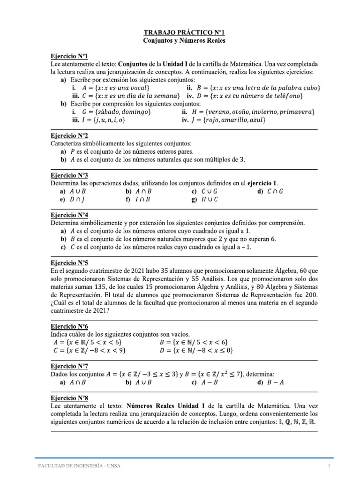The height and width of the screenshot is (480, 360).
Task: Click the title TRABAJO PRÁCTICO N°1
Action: coord(184,33)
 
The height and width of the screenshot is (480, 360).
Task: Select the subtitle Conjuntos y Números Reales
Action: coord(184,41)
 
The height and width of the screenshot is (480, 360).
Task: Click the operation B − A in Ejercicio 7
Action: coord(275,382)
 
